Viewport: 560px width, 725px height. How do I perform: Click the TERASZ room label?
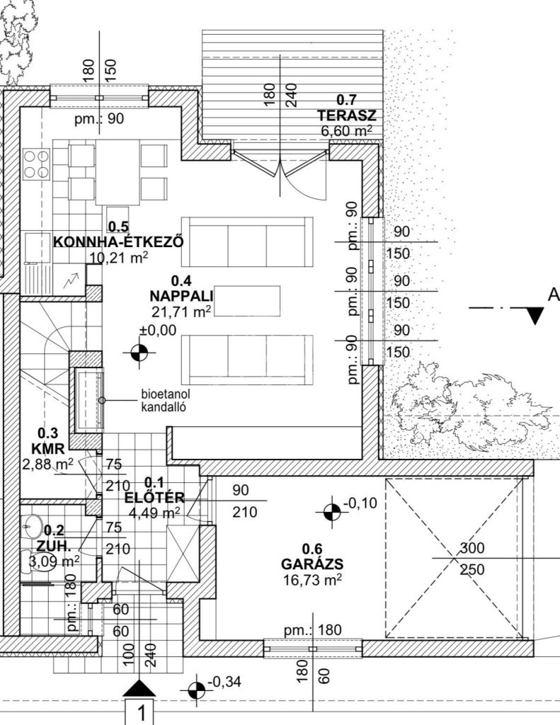coord(346,115)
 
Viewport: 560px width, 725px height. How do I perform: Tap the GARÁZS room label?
coord(313,564)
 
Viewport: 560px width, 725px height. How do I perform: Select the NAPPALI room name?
coord(181,296)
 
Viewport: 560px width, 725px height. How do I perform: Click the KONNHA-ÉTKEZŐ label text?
coord(119,242)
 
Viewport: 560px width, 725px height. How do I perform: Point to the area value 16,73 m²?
coord(313,580)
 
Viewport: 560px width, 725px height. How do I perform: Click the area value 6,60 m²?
coord(346,130)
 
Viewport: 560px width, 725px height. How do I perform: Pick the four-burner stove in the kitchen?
coord(37,164)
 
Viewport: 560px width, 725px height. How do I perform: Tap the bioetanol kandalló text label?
coord(166,401)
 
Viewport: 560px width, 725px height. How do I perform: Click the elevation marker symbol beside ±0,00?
coord(139,353)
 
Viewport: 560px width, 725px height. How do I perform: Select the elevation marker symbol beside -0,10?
coord(331,512)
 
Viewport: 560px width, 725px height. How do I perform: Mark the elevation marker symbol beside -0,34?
coord(197,690)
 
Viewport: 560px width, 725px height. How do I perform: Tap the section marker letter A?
coord(554,295)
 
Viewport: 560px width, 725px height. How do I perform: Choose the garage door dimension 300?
coord(472,548)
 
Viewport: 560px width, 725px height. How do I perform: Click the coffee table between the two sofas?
coord(247,301)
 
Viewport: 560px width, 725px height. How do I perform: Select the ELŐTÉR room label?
coord(154,498)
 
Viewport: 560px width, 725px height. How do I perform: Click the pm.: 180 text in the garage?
coord(313,630)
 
